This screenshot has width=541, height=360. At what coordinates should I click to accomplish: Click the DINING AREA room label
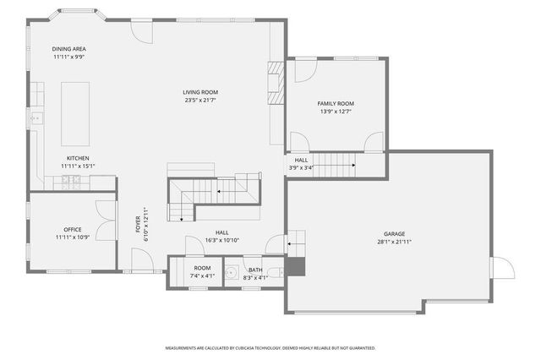tap(69, 49)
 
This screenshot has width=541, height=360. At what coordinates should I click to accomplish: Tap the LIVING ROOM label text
tap(200, 92)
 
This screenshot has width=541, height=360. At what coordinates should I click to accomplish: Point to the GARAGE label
tap(394, 233)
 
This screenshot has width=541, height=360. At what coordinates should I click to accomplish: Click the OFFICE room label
tap(73, 229)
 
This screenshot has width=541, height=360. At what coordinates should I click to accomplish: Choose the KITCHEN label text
tap(78, 158)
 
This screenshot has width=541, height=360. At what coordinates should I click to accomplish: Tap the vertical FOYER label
tap(138, 224)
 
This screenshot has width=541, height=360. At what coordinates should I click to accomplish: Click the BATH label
tap(255, 270)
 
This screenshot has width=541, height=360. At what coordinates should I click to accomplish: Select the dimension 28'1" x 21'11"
tap(394, 242)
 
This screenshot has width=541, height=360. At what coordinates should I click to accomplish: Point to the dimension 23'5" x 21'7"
tap(200, 101)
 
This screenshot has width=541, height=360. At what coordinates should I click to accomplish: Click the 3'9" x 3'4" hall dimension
tap(302, 167)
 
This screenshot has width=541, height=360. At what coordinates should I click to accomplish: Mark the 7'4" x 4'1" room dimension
tap(202, 275)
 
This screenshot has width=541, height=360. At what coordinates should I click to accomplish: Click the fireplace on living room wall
tap(274, 83)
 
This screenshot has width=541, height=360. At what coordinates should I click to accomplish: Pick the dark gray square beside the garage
tap(293, 267)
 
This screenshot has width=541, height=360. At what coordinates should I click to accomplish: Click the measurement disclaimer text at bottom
tap(270, 348)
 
